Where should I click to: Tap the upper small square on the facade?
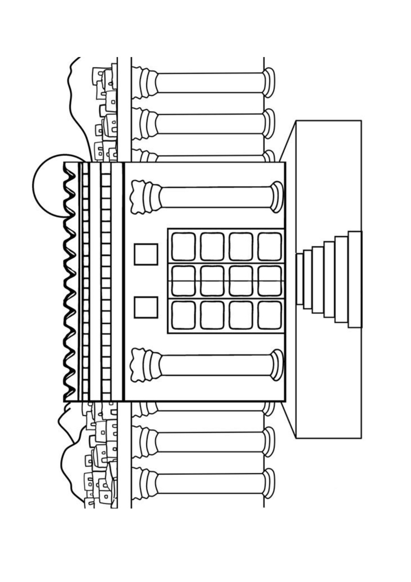click(146, 254)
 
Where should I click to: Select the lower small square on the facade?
click(146, 307)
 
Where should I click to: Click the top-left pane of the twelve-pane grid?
click(183, 246)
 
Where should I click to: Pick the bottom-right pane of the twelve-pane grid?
click(269, 315)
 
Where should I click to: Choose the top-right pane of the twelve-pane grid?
click(269, 246)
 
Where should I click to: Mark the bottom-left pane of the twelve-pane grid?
click(183, 315)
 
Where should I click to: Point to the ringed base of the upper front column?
click(277, 197)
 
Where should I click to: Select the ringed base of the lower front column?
click(277, 365)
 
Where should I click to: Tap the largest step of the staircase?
click(355, 279)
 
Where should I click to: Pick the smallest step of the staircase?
click(299, 279)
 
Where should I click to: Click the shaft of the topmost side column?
click(209, 82)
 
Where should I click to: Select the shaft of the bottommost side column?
click(209, 483)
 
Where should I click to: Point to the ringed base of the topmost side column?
click(269, 82)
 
